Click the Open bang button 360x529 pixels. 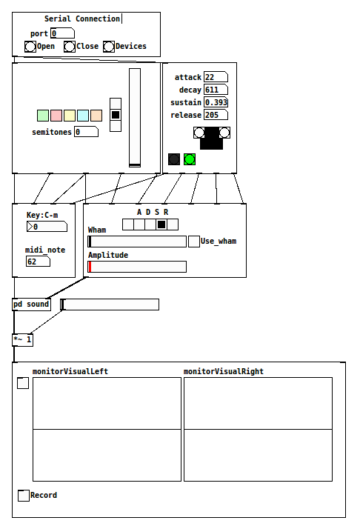tap(30, 47)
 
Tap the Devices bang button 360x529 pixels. tap(109, 47)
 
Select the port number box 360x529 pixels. tap(62, 33)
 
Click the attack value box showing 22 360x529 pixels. tap(216, 77)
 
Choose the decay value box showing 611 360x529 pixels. tap(216, 90)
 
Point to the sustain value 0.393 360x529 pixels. tap(216, 102)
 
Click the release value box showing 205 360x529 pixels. tap(216, 115)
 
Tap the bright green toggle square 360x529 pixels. tap(190, 159)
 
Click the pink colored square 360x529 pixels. tap(56, 116)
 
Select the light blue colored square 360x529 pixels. tap(83, 116)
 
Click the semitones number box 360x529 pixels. tap(87, 132)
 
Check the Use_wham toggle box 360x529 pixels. tap(193, 242)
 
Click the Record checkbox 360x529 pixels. tap(24, 495)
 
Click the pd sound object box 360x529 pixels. tap(31, 305)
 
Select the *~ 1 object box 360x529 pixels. tap(23, 339)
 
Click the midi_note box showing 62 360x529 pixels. tap(38, 262)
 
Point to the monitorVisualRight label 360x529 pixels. tap(224, 371)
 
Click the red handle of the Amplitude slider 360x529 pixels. tap(90, 267)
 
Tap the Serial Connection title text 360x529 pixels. tap(82, 19)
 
